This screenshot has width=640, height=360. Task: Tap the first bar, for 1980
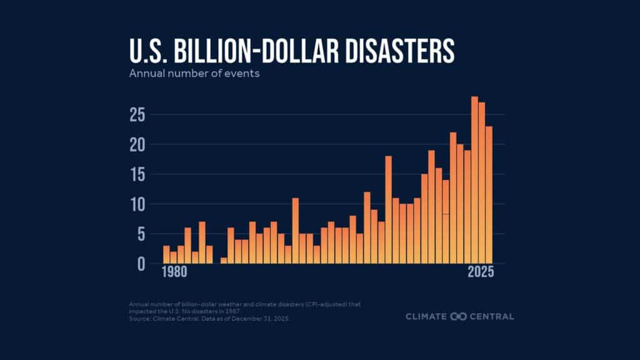(166, 254)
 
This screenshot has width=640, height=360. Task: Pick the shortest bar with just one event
(224, 261)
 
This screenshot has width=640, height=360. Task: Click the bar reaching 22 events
(453, 197)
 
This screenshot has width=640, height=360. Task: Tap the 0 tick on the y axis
(141, 264)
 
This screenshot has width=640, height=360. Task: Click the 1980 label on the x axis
(173, 273)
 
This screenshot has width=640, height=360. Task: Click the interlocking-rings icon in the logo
(459, 316)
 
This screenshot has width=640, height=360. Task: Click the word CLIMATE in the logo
(426, 316)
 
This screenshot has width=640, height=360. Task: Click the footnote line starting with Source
(210, 318)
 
